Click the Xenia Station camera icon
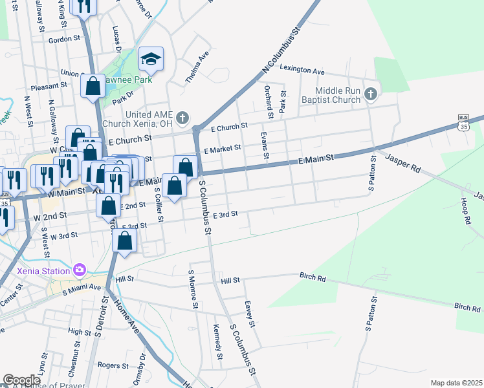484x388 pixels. pos(80,269)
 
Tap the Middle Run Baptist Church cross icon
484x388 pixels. pos(370,95)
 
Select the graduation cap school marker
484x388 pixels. pos(151,59)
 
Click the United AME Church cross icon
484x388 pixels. pos(182,118)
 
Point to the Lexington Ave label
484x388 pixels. pos(303,70)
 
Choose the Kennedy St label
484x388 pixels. pos(217,343)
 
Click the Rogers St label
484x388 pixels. pos(113,365)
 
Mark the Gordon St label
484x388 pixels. pos(63,39)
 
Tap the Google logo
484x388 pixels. pos(21,380)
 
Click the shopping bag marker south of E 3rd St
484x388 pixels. pos(124,241)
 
